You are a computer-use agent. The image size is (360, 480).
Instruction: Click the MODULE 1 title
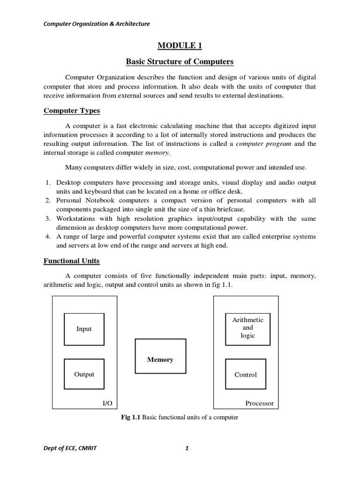point(180,45)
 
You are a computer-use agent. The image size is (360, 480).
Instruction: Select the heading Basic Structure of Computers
point(180,62)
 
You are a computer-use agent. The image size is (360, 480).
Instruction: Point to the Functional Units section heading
point(71,261)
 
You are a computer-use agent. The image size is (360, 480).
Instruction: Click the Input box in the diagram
point(84,329)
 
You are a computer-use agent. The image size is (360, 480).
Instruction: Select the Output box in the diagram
point(84,375)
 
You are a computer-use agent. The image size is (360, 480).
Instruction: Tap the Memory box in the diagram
point(160,360)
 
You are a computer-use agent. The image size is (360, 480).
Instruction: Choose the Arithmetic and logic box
point(247,328)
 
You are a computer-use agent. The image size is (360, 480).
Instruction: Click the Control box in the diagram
point(246,375)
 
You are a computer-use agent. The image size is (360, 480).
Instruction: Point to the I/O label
point(107,403)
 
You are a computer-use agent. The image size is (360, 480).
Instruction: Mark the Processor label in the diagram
point(259,403)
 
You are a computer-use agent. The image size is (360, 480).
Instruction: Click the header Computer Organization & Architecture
point(97,24)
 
